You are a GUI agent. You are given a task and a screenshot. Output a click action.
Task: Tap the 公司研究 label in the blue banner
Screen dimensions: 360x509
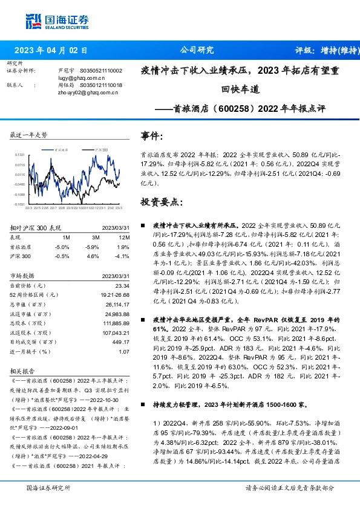[x=197, y=51]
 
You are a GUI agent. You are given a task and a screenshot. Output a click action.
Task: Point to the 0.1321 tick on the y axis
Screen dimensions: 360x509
[x=20, y=155]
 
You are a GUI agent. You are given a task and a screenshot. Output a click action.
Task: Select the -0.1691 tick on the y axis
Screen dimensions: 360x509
[x=20, y=205]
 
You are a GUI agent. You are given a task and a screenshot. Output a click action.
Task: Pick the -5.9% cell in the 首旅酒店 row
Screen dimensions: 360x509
[x=92, y=247]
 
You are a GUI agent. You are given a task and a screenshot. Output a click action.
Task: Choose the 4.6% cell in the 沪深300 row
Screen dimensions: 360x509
[x=93, y=256]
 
